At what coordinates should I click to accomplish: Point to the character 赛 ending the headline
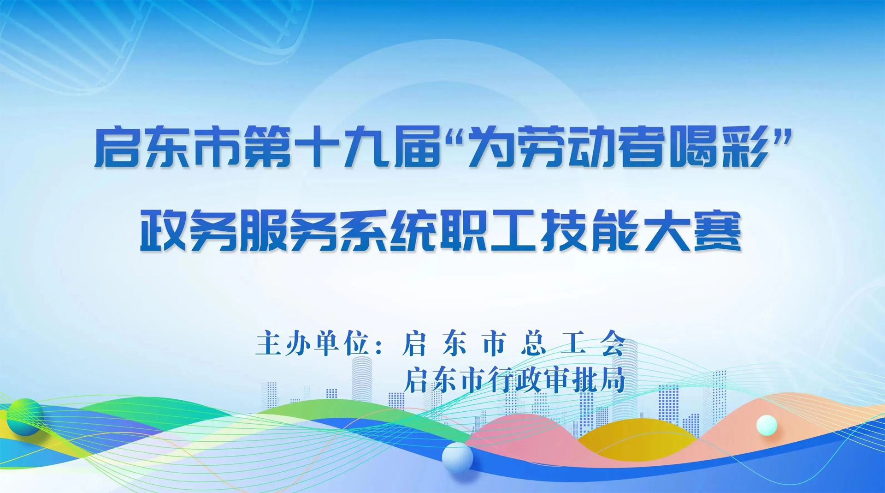coord(718,230)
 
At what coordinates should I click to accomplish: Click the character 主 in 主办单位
coord(268,343)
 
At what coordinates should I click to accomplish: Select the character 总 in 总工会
coord(534,343)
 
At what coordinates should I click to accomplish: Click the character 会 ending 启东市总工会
coord(613,343)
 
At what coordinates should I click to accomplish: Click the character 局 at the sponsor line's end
coord(613,380)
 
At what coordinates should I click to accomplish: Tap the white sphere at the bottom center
coord(457,457)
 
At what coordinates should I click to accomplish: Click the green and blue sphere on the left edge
coord(24,417)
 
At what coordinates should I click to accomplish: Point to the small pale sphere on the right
coord(767,425)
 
